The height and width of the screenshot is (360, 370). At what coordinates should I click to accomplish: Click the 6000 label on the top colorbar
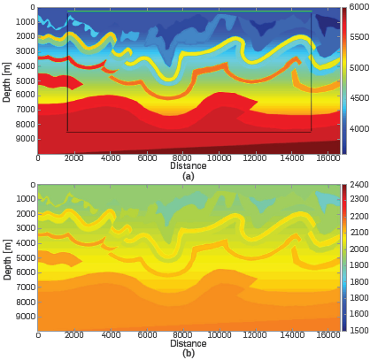coord(359,8)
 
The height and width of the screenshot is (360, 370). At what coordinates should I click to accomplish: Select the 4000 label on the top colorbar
coord(359,129)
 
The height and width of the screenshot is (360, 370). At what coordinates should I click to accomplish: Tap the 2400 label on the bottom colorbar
coord(359,185)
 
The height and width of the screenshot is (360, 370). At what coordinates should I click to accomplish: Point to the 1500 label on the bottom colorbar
coord(359,330)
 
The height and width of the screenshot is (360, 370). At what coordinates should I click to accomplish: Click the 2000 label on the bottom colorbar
coord(359,249)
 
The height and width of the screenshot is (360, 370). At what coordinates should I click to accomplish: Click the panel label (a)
coord(188,176)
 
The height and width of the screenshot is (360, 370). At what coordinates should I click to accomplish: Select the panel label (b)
coord(188,354)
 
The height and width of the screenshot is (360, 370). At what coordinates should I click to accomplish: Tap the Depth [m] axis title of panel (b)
coord(6,257)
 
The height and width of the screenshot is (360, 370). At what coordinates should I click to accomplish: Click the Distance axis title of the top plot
coord(188,166)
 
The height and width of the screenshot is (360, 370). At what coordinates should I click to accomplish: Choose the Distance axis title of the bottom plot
coord(188,343)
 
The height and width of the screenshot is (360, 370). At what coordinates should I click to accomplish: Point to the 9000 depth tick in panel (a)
coord(25,140)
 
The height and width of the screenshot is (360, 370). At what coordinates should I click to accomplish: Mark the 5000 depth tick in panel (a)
coord(25,80)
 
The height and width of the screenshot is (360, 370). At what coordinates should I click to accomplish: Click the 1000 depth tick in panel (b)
coord(25,199)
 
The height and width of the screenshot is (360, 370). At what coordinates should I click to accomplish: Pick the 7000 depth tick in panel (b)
coord(25,287)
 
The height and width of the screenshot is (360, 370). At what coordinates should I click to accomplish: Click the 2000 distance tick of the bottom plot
coord(74,336)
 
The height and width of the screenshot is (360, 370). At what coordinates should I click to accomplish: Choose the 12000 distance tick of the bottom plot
coord(255,336)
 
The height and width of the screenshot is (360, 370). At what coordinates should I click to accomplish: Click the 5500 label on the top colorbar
coord(359,38)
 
